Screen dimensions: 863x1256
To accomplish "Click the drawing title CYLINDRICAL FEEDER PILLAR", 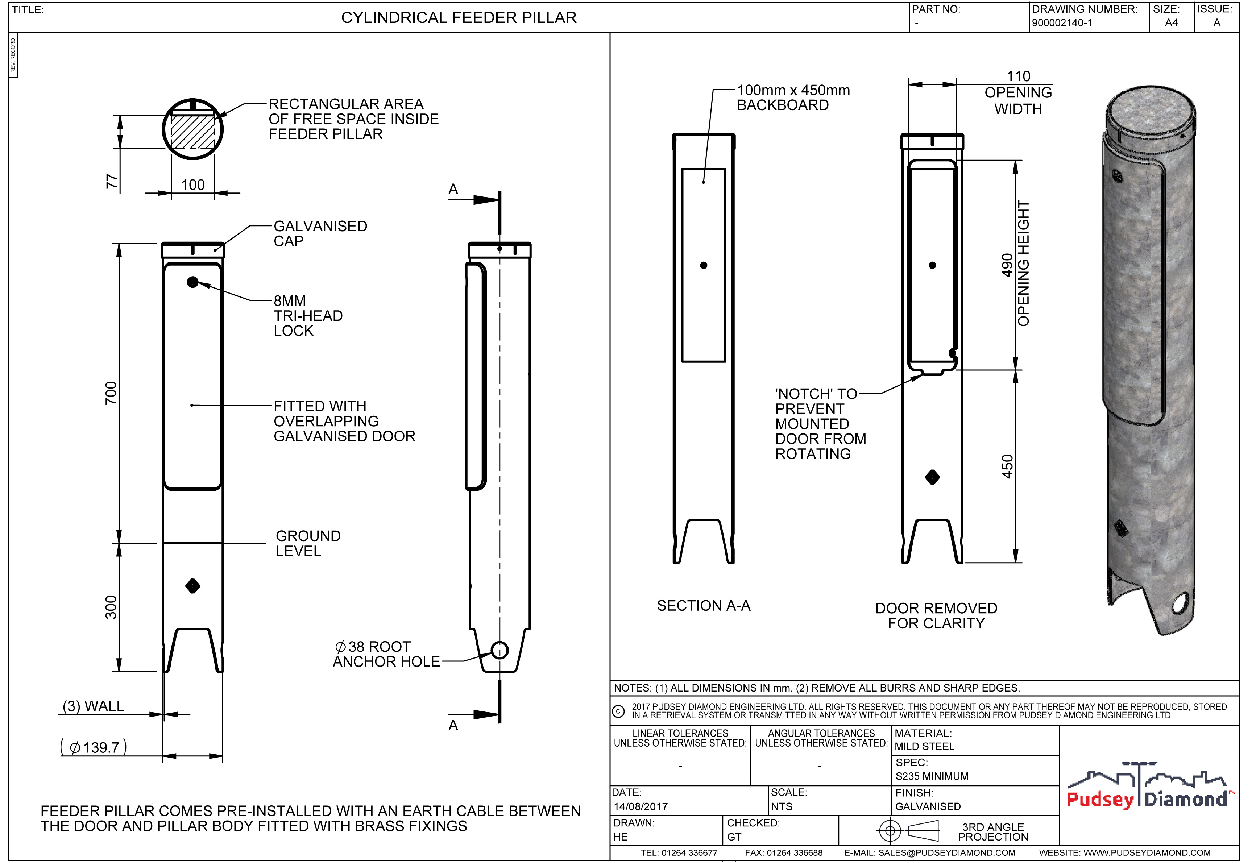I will click(x=459, y=18).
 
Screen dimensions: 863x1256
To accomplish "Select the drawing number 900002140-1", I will click(x=1061, y=23).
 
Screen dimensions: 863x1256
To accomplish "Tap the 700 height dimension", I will click(x=111, y=393).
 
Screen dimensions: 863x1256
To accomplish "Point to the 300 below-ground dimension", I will click(x=111, y=607).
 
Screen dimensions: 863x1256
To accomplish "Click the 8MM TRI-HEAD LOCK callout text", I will click(x=308, y=316).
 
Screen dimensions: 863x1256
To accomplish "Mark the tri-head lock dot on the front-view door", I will click(x=192, y=282).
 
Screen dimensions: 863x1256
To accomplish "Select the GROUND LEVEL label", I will click(x=308, y=543).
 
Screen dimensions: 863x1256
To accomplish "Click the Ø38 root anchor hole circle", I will click(x=500, y=650).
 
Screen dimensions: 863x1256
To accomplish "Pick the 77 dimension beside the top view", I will click(x=111, y=181).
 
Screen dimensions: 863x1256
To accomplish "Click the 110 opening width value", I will click(x=1018, y=76).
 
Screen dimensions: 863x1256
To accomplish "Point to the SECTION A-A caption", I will click(x=704, y=606).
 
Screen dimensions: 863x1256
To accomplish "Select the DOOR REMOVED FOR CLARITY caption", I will click(x=936, y=616).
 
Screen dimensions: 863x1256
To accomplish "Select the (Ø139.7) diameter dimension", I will click(x=94, y=747).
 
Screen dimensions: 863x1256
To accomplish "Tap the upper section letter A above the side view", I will click(x=453, y=189).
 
